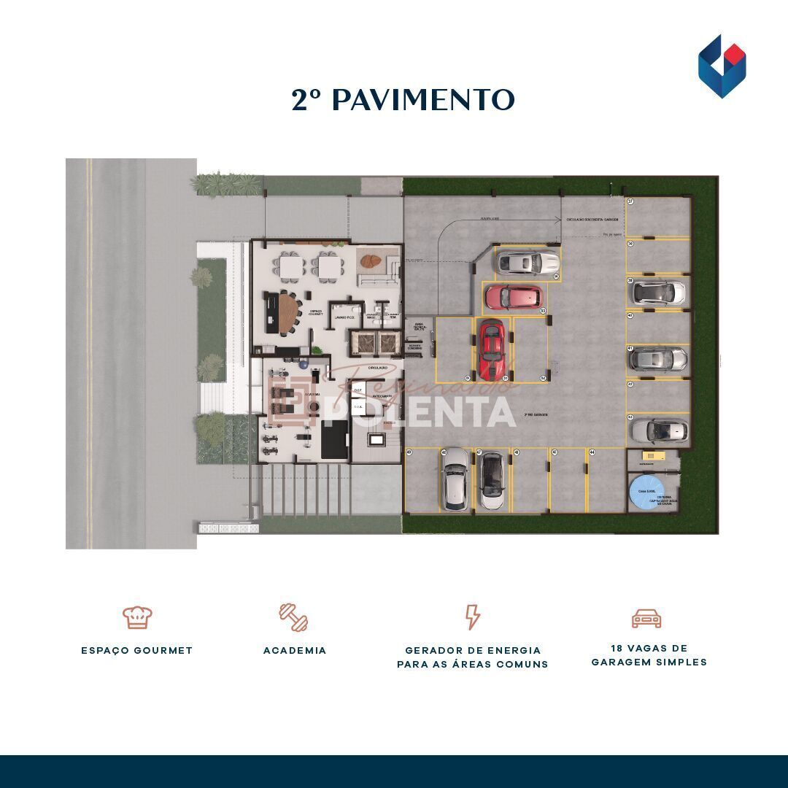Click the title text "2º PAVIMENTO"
[403, 100]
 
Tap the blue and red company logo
[722, 66]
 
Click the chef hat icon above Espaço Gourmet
[137, 617]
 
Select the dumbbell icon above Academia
[294, 617]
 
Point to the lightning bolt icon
[473, 617]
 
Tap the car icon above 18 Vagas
[646, 619]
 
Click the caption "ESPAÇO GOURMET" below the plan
[137, 650]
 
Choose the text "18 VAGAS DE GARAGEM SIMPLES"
[649, 655]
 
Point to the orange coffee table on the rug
[371, 260]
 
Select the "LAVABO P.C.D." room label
[341, 318]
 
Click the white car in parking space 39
[658, 293]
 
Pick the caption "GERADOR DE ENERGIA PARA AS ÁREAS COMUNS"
[473, 657]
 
